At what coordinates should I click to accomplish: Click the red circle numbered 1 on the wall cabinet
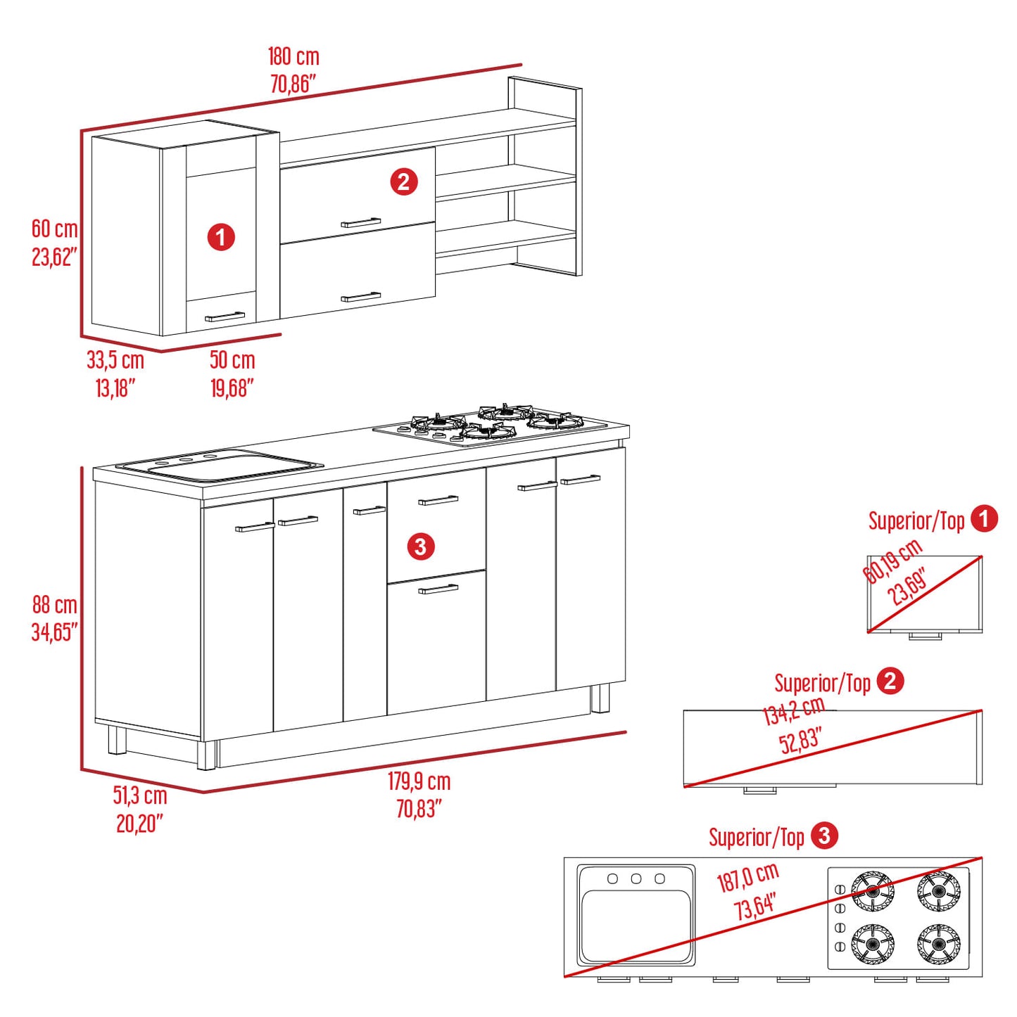(220, 237)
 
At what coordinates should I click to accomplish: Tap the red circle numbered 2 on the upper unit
(403, 182)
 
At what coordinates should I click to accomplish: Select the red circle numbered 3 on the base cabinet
(420, 546)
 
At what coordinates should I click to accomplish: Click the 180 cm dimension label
(293, 56)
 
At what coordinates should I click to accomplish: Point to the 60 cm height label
(54, 229)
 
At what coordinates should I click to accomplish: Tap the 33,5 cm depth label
(115, 361)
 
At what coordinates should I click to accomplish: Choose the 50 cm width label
(232, 361)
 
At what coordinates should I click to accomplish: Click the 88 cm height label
(54, 605)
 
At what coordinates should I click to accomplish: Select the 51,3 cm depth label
(140, 795)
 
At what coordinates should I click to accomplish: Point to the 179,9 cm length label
(419, 781)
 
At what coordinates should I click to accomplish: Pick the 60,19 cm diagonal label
(892, 561)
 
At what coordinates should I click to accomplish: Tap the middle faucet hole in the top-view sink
(636, 878)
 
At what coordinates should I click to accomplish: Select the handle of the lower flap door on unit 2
(361, 297)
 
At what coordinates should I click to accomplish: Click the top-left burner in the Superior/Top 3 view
(872, 891)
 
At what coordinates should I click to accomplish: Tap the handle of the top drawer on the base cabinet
(438, 500)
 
